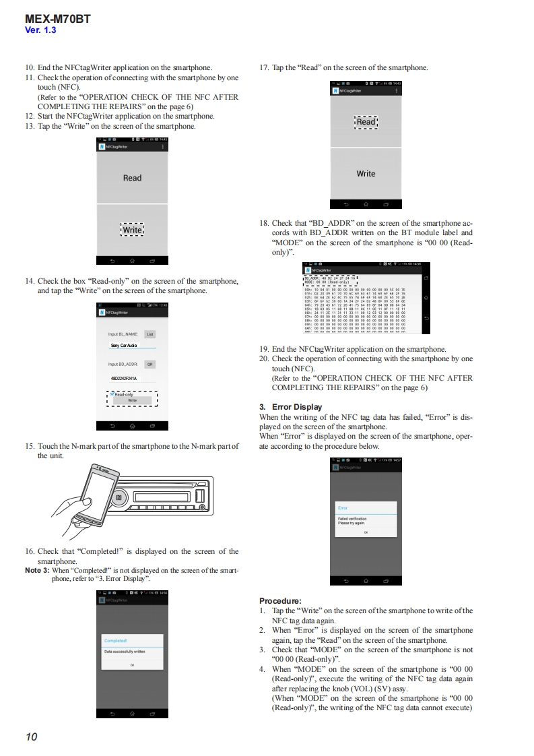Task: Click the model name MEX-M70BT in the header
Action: click(x=57, y=19)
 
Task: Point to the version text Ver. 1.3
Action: click(x=40, y=30)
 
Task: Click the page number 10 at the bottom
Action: click(x=31, y=736)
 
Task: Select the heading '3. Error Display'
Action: click(x=290, y=407)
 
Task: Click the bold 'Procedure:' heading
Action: click(x=280, y=601)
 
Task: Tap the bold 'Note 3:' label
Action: click(x=37, y=570)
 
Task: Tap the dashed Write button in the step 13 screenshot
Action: click(x=132, y=230)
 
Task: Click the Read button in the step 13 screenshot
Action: click(x=132, y=178)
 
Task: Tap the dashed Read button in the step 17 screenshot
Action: click(x=366, y=122)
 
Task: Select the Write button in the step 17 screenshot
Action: click(x=366, y=174)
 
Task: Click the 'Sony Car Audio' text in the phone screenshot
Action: click(x=124, y=345)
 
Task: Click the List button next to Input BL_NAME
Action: click(x=150, y=334)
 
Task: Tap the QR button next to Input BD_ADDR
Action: click(x=150, y=364)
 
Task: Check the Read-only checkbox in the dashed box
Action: click(x=112, y=394)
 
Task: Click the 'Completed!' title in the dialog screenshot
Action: click(x=116, y=640)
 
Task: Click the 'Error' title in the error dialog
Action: click(x=343, y=507)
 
